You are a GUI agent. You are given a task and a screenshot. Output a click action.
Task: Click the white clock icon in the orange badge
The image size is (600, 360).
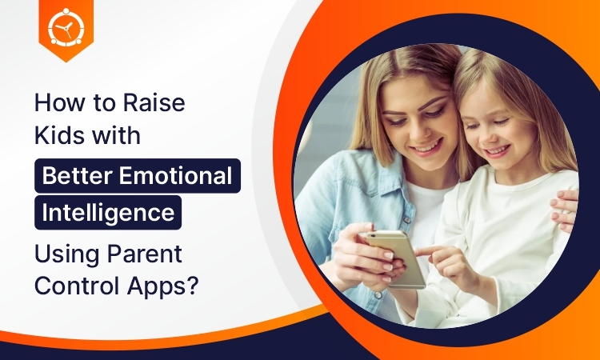(66, 26)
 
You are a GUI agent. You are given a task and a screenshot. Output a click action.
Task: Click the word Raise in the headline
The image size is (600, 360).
(154, 102)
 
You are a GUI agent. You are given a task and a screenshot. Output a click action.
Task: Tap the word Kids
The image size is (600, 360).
(58, 134)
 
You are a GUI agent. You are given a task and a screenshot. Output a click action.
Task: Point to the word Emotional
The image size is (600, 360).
(176, 175)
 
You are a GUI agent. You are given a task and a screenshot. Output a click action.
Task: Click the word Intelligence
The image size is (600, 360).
(108, 213)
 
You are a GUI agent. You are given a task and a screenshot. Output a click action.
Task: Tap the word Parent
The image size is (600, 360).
(144, 254)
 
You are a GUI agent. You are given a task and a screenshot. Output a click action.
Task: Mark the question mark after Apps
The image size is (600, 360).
(194, 286)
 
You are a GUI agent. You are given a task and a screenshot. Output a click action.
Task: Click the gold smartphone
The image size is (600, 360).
(396, 258)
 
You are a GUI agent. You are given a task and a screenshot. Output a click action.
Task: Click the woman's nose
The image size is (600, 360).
(421, 131)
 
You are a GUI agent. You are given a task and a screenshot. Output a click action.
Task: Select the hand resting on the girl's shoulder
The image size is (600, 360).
(565, 210)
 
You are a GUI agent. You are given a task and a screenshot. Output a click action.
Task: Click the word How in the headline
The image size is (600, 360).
(59, 102)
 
